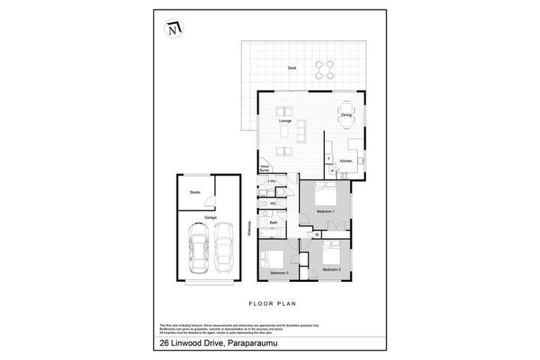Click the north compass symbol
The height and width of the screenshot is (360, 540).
point(173,29)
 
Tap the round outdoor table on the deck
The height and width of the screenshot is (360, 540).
point(324,68)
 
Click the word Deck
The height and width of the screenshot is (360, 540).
point(292,68)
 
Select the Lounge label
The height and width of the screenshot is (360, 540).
point(285,121)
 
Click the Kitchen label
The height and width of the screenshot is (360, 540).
point(346,162)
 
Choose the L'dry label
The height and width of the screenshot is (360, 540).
point(271,181)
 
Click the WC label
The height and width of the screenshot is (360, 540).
point(273,203)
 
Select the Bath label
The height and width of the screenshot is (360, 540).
point(273,223)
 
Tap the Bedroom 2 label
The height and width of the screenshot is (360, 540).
point(332,269)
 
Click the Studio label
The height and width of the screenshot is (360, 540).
point(195,192)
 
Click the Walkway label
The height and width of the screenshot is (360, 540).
point(250,229)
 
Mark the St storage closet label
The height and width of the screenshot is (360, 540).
point(317,234)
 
